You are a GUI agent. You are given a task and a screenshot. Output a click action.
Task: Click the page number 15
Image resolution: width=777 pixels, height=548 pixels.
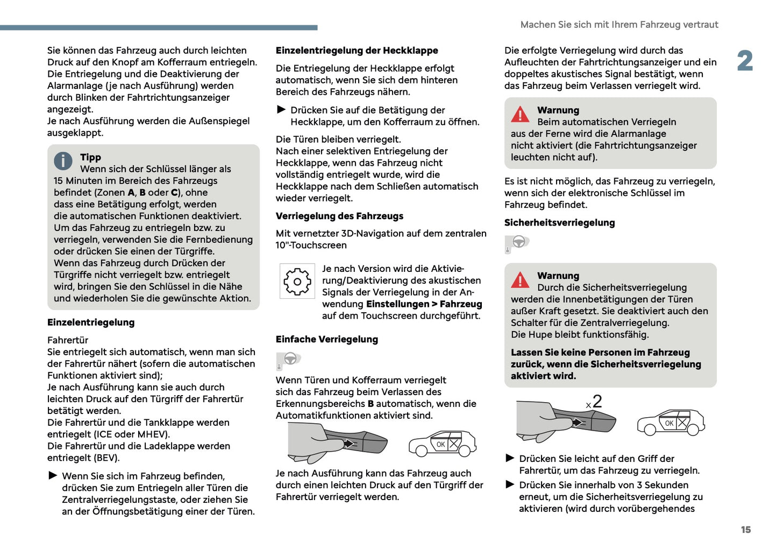pyautogui.click(x=745, y=530)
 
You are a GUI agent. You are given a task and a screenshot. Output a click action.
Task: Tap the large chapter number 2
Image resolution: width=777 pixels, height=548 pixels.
pyautogui.click(x=745, y=61)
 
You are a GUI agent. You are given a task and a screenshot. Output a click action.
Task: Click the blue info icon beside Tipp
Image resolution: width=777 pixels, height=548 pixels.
pyautogui.click(x=63, y=160)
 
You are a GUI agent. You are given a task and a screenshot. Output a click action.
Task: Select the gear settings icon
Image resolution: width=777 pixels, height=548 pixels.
pyautogui.click(x=297, y=282)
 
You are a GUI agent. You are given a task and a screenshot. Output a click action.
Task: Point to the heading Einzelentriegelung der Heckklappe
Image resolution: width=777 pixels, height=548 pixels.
pyautogui.click(x=357, y=51)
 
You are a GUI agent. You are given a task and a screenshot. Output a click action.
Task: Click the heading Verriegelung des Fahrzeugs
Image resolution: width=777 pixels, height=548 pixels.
pyautogui.click(x=339, y=216)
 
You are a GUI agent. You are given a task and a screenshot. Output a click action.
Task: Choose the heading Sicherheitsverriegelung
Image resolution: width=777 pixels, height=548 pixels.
pyautogui.click(x=559, y=223)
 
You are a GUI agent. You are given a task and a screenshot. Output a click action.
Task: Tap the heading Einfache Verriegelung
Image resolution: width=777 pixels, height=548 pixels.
pyautogui.click(x=326, y=340)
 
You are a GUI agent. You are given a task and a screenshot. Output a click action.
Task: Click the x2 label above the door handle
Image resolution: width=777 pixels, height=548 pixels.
pyautogui.click(x=594, y=402)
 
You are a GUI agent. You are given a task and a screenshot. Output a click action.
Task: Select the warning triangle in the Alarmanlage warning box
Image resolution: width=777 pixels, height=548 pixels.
pyautogui.click(x=520, y=114)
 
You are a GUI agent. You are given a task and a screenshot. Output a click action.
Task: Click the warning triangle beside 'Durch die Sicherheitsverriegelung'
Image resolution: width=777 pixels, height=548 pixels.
pyautogui.click(x=520, y=280)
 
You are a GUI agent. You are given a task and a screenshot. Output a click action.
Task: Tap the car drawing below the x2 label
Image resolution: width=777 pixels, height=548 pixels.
pyautogui.click(x=671, y=422)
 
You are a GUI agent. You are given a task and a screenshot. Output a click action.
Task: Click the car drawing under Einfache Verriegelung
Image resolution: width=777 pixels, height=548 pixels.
pyautogui.click(x=442, y=444)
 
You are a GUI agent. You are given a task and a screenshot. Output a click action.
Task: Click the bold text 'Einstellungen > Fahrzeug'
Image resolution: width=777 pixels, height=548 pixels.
pyautogui.click(x=424, y=304)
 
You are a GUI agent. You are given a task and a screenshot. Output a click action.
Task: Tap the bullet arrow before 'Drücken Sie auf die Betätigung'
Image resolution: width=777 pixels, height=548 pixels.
pyautogui.click(x=281, y=110)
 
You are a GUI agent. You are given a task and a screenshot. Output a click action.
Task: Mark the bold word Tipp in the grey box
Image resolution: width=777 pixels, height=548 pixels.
pyautogui.click(x=90, y=157)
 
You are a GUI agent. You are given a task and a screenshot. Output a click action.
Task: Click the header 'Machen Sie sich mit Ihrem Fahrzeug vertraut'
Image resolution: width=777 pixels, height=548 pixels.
pyautogui.click(x=619, y=25)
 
